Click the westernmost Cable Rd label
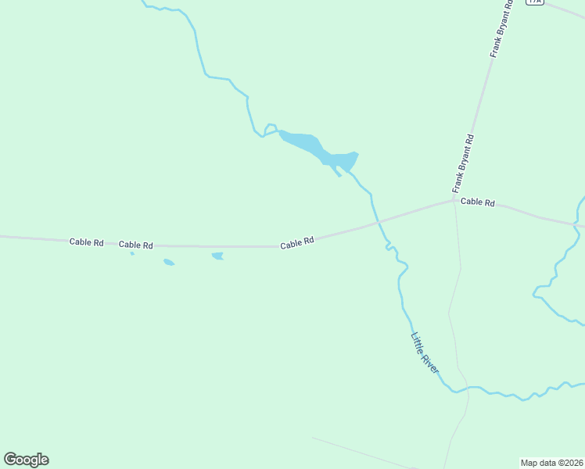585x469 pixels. (86, 242)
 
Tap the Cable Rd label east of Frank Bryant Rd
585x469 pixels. (478, 202)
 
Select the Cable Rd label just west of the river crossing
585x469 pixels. (297, 242)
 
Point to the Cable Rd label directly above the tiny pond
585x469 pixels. (135, 245)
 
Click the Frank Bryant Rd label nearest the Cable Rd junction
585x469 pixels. (464, 163)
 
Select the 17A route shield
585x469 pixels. (534, 2)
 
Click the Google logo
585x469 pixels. (26, 460)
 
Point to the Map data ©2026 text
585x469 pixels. (551, 463)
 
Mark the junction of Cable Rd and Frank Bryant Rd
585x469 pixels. (454, 200)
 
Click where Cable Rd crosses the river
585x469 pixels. (379, 223)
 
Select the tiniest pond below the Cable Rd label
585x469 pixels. (132, 253)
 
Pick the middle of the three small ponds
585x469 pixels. (168, 262)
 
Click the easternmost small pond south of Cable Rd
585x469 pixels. (217, 256)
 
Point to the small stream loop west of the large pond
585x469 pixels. (271, 128)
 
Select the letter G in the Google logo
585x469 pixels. (10, 460)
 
